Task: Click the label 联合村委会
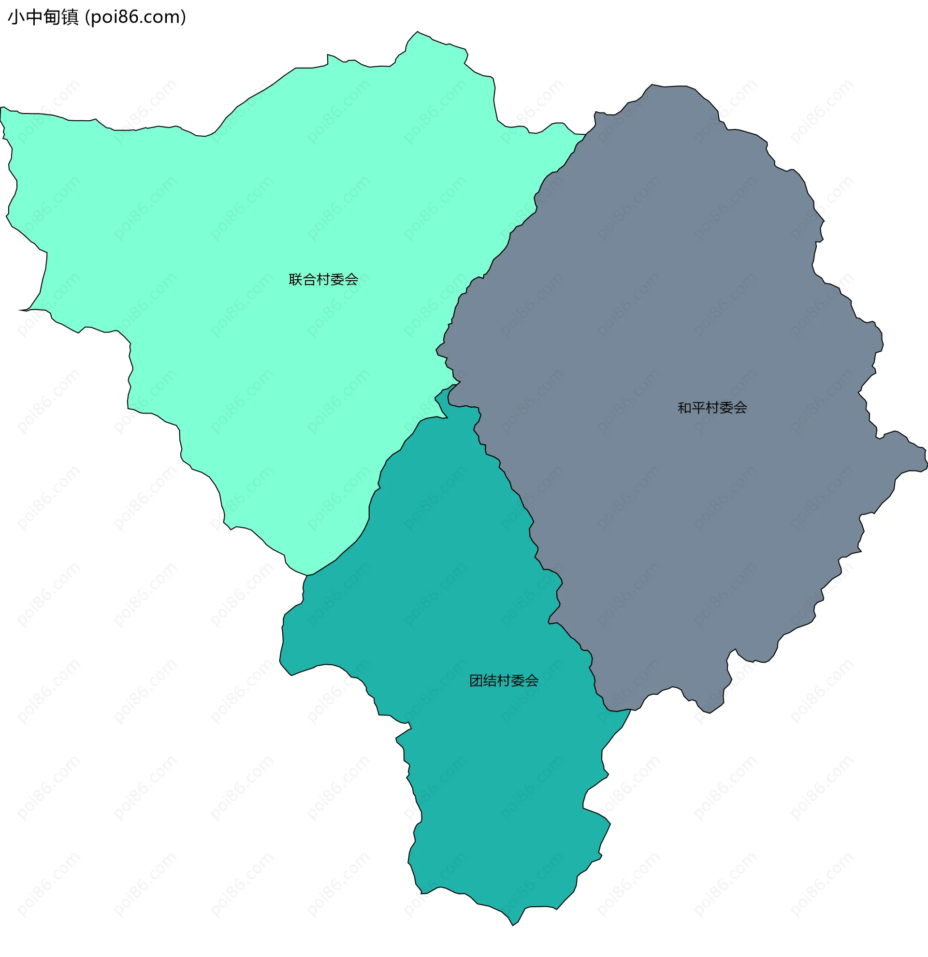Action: (323, 280)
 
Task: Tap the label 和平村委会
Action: (712, 408)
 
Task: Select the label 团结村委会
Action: (504, 681)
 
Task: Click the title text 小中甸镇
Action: (43, 17)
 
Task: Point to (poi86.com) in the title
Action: (135, 17)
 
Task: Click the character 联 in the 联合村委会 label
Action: (295, 280)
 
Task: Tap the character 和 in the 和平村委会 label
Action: (684, 408)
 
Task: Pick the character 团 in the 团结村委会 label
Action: (476, 681)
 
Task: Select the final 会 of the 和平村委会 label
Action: (740, 408)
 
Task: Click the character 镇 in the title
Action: (70, 17)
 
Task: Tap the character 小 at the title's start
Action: (16, 17)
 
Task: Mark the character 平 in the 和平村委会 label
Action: (698, 408)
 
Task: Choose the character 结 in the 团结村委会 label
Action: (490, 681)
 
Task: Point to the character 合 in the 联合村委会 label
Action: (310, 280)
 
